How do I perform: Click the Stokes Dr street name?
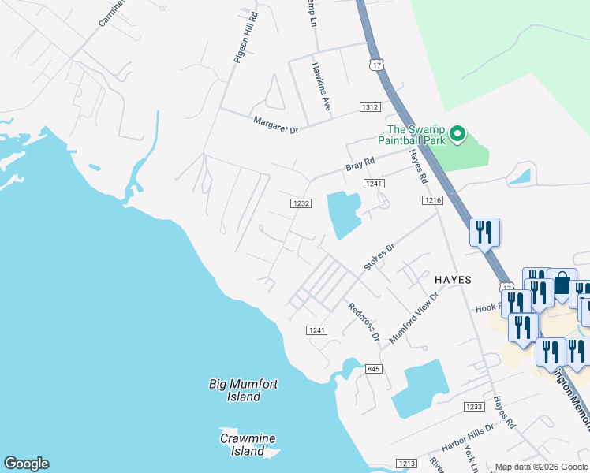click(x=379, y=258)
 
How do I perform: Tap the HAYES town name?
click(x=453, y=280)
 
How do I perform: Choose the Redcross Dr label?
click(x=364, y=321)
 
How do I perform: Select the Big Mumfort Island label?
click(x=243, y=390)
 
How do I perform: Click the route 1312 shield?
click(x=371, y=107)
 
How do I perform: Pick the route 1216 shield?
click(x=432, y=201)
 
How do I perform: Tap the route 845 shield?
click(x=374, y=369)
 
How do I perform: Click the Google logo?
click(x=26, y=464)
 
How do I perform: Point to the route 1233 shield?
click(x=473, y=407)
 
